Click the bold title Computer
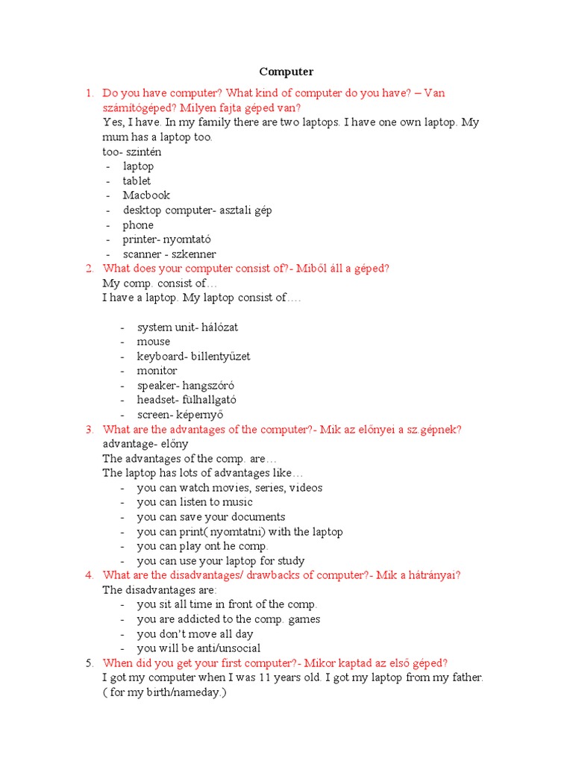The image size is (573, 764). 286,72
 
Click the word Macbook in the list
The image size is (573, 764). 146,195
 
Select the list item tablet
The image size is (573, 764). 137,181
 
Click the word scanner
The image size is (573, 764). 142,254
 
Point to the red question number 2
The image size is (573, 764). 89,269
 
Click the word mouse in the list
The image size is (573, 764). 153,342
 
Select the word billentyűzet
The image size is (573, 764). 221,357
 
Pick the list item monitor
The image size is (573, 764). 157,371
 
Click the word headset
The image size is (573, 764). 155,400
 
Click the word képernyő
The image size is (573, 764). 201,415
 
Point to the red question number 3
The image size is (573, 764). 89,430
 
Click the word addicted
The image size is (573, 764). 197,619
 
